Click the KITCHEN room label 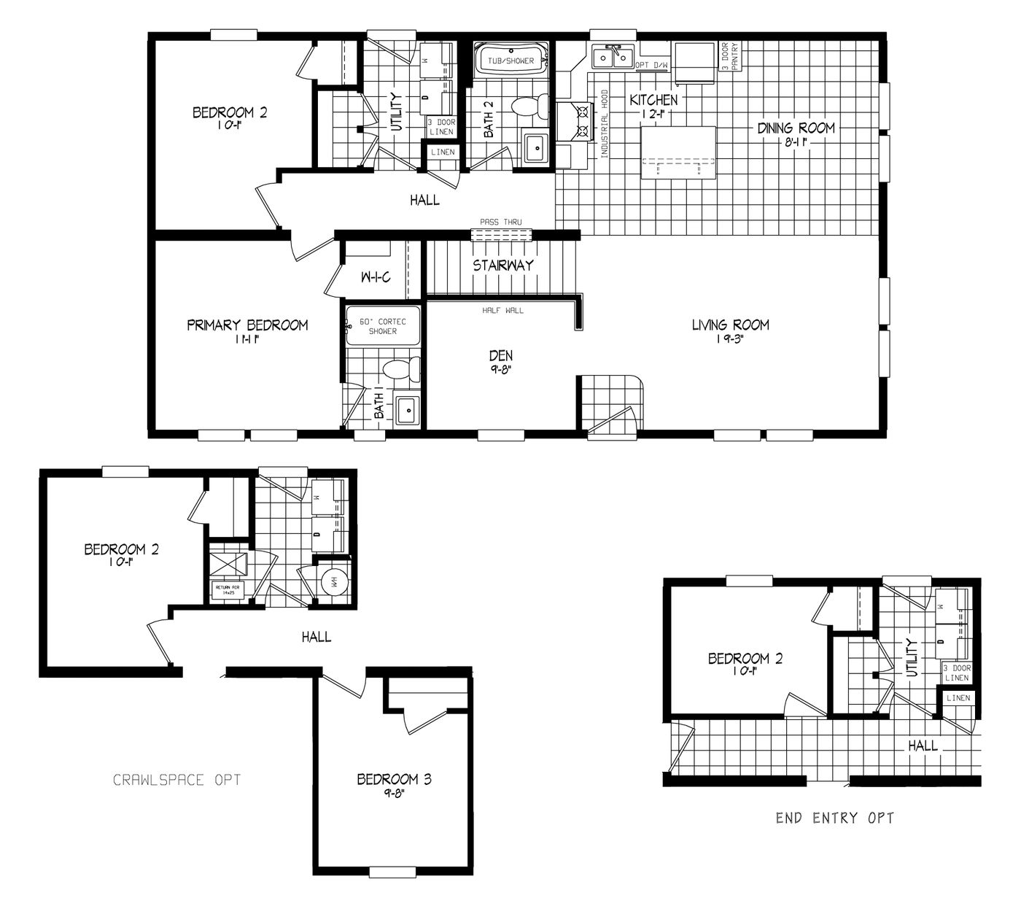(x=653, y=100)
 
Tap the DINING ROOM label (x=795, y=128)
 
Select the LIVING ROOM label (x=730, y=325)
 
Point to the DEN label (x=500, y=356)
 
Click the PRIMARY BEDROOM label (x=247, y=325)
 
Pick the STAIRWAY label (x=502, y=266)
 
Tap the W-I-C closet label (x=376, y=277)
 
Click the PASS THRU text (x=500, y=222)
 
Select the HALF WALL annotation (x=502, y=310)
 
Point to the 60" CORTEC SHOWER (x=383, y=325)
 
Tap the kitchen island (x=678, y=152)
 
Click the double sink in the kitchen (x=613, y=57)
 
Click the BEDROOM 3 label (x=394, y=780)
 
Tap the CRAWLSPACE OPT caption (x=176, y=780)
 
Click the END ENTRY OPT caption (x=834, y=818)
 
